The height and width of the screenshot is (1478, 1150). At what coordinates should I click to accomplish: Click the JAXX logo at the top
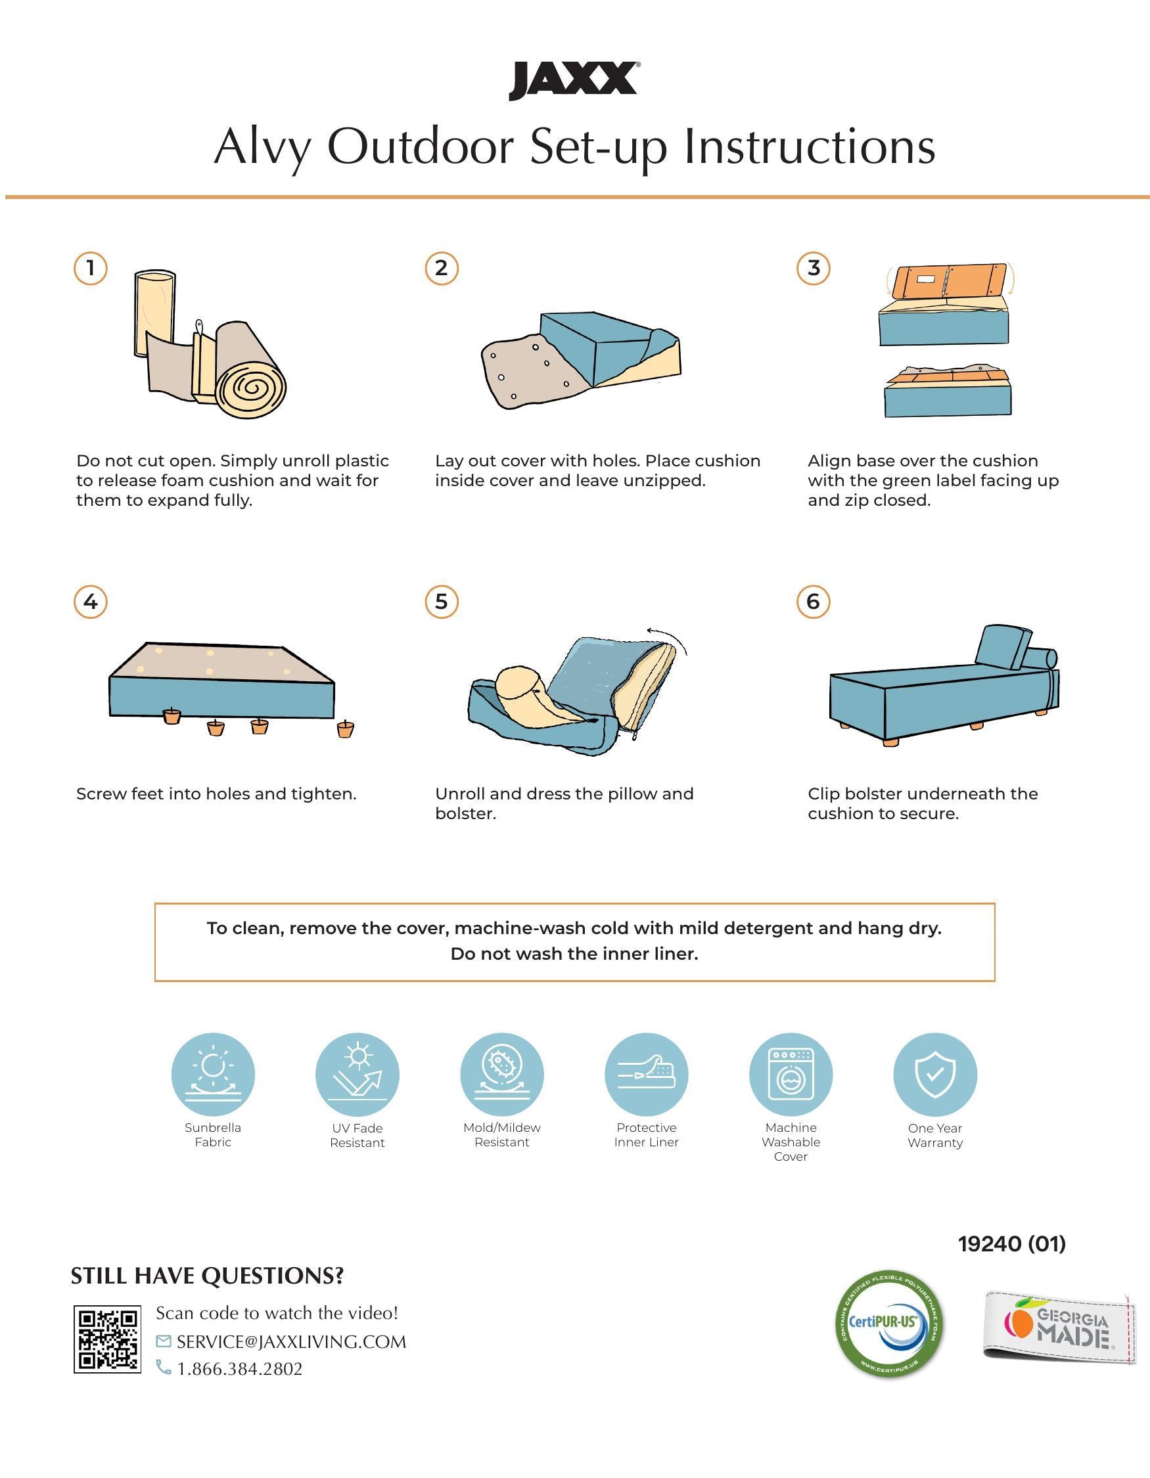coord(573,81)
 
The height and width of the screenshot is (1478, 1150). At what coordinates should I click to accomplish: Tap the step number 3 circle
coord(814,268)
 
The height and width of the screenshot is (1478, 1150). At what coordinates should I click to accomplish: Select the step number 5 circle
coord(442,601)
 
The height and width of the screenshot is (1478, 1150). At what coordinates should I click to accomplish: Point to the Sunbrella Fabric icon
coord(213,1074)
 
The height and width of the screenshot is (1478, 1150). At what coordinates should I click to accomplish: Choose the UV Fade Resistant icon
coord(357,1074)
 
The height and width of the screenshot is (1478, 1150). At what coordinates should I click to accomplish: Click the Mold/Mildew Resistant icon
coord(502,1074)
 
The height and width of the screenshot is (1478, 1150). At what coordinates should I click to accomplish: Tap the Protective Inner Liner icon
coord(647,1074)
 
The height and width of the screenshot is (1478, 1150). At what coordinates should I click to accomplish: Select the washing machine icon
coord(791,1074)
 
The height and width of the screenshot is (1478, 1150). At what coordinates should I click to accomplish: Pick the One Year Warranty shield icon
coord(935,1074)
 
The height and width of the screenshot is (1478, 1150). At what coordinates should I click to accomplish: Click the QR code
coord(108,1339)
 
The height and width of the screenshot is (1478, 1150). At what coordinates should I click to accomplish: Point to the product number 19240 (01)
coord(1012,1243)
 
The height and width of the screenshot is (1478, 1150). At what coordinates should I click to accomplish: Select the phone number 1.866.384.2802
coord(240,1368)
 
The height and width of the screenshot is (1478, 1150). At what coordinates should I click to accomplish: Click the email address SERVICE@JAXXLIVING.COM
coord(292,1341)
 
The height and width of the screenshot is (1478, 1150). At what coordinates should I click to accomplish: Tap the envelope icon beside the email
coord(163,1341)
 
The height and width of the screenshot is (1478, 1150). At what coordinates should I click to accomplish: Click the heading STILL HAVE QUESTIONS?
coord(207,1276)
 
